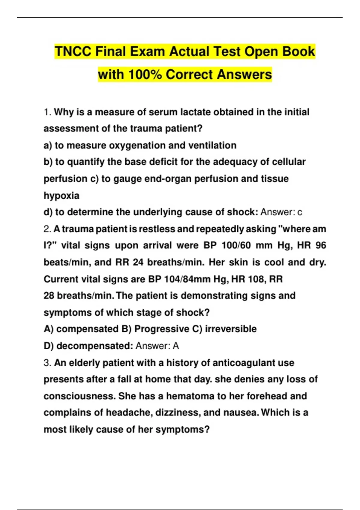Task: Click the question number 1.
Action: click(x=47, y=112)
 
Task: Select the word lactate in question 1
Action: click(x=195, y=112)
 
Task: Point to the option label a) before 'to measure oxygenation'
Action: click(x=48, y=145)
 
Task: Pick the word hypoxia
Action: click(x=61, y=196)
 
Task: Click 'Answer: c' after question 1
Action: click(x=281, y=212)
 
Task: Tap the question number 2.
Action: click(x=47, y=229)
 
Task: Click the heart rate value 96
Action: click(x=320, y=245)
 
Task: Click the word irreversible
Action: click(x=231, y=329)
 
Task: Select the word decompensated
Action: click(x=94, y=346)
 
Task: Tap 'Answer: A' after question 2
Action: click(x=157, y=346)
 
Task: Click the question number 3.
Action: click(x=47, y=363)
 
